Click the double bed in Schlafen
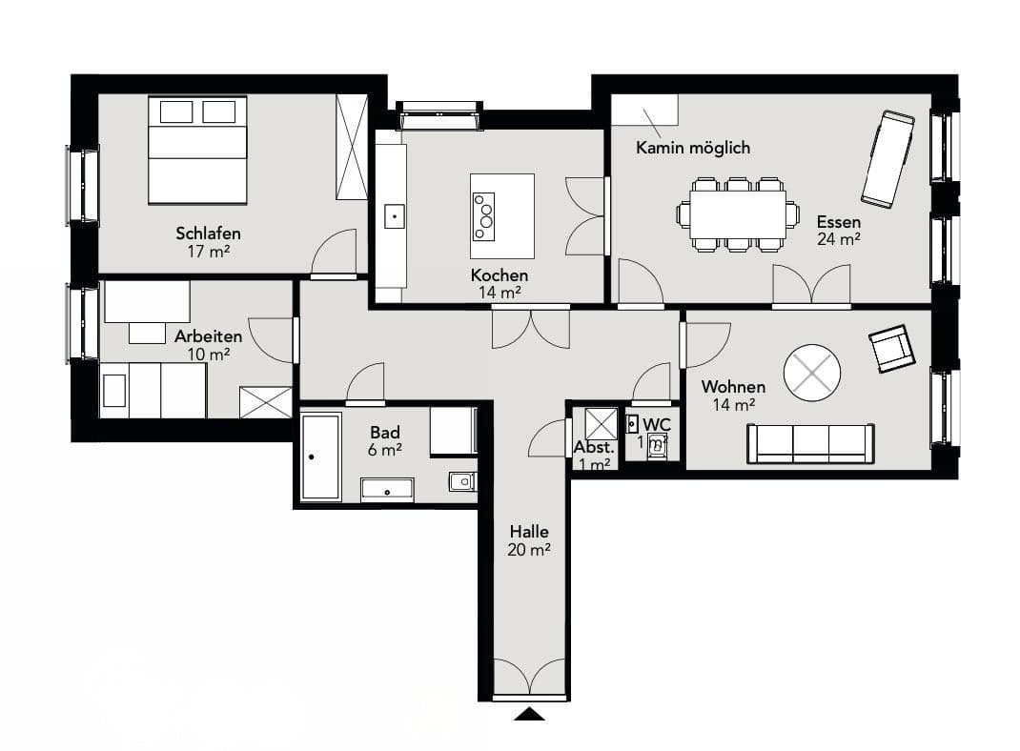(x=197, y=150)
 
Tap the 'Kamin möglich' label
(x=693, y=148)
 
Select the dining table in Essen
(x=738, y=214)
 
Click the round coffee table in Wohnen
(x=812, y=372)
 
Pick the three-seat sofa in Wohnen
(x=810, y=444)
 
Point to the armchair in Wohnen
(x=890, y=349)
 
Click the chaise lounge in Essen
(x=887, y=158)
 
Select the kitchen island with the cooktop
(x=501, y=215)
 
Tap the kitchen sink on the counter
(x=394, y=216)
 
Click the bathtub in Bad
(x=320, y=457)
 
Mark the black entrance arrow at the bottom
(x=529, y=713)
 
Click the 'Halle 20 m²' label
(x=529, y=540)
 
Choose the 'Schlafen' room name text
(x=208, y=233)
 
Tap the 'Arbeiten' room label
(x=208, y=336)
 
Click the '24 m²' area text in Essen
(x=838, y=239)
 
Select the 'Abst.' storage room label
(x=593, y=448)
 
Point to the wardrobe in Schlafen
(x=352, y=147)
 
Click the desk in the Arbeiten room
(x=146, y=302)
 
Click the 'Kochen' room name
(x=499, y=275)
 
